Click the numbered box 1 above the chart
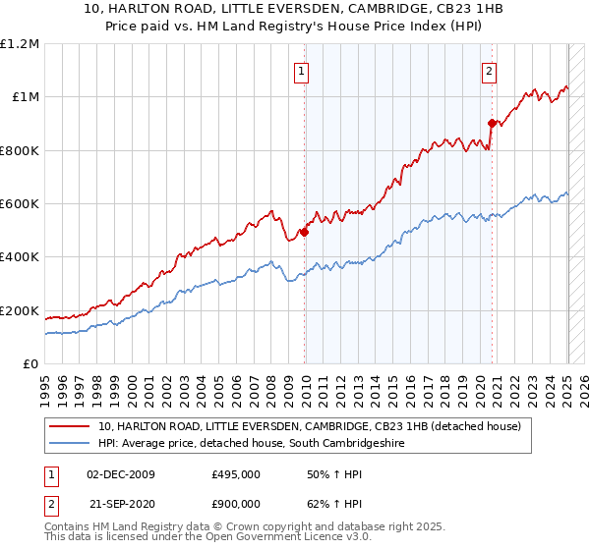click(x=300, y=70)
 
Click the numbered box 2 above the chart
click(x=489, y=70)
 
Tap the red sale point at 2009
click(x=305, y=232)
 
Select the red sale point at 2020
click(x=493, y=123)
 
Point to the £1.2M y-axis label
click(x=20, y=44)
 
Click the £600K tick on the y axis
click(x=20, y=204)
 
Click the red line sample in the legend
click(x=69, y=427)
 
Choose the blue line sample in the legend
click(x=69, y=444)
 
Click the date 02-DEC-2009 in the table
click(x=121, y=474)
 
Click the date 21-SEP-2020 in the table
click(x=121, y=506)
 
